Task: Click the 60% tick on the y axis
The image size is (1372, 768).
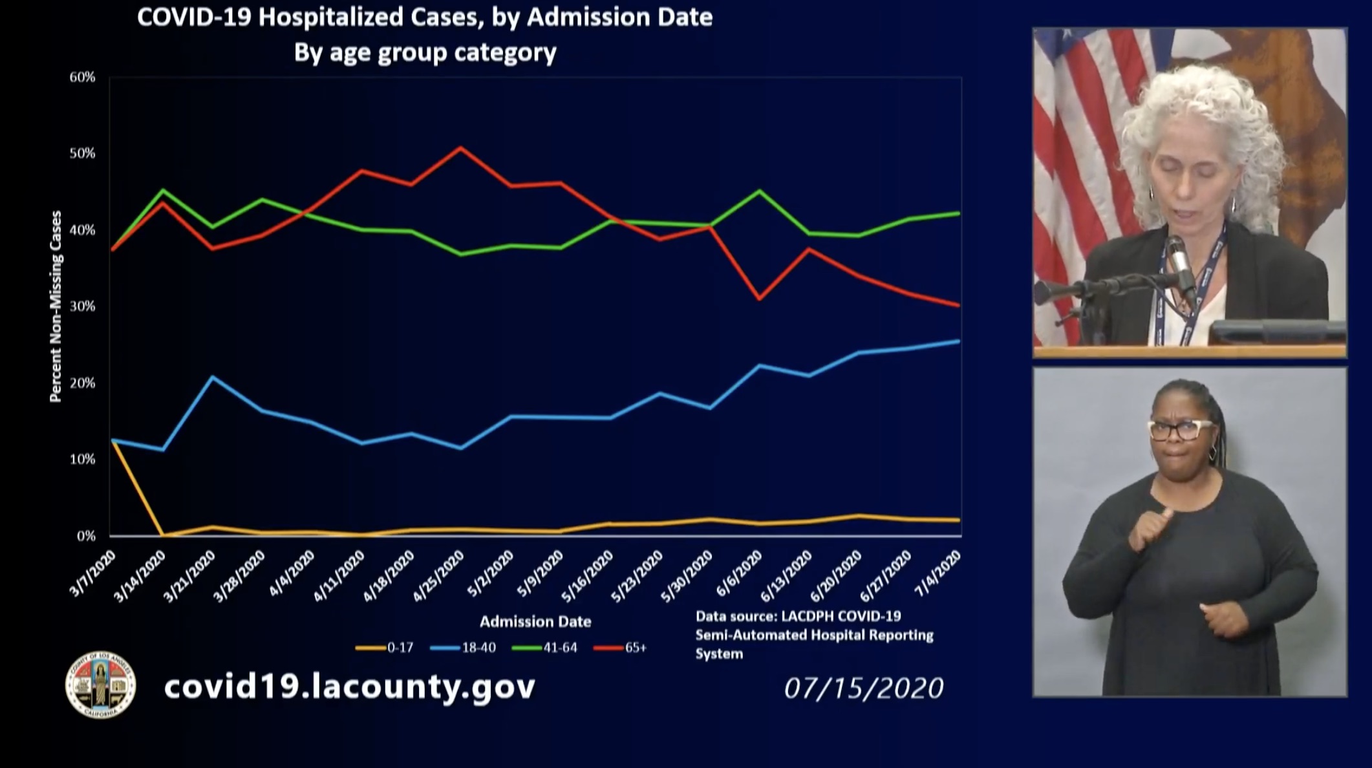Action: (x=82, y=78)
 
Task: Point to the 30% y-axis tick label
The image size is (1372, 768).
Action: (x=82, y=306)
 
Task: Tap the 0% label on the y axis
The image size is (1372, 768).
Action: (x=85, y=536)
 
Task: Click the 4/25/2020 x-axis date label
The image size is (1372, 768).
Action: (x=439, y=575)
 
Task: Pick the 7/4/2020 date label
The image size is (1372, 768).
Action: (x=938, y=573)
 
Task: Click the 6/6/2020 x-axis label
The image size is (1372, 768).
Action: (x=739, y=574)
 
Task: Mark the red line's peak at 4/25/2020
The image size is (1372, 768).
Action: (x=460, y=148)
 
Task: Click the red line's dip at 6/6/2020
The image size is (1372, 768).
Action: (x=759, y=299)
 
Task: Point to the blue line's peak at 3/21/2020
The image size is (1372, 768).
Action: (x=213, y=376)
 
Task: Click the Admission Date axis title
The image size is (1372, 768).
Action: (x=535, y=622)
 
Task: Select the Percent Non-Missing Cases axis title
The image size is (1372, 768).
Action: (x=56, y=306)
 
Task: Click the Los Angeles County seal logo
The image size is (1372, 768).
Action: (x=101, y=685)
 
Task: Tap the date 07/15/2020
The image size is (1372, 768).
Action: (x=863, y=688)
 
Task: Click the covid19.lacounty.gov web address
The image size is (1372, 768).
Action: (x=350, y=687)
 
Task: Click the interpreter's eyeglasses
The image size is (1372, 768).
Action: (x=1181, y=430)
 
